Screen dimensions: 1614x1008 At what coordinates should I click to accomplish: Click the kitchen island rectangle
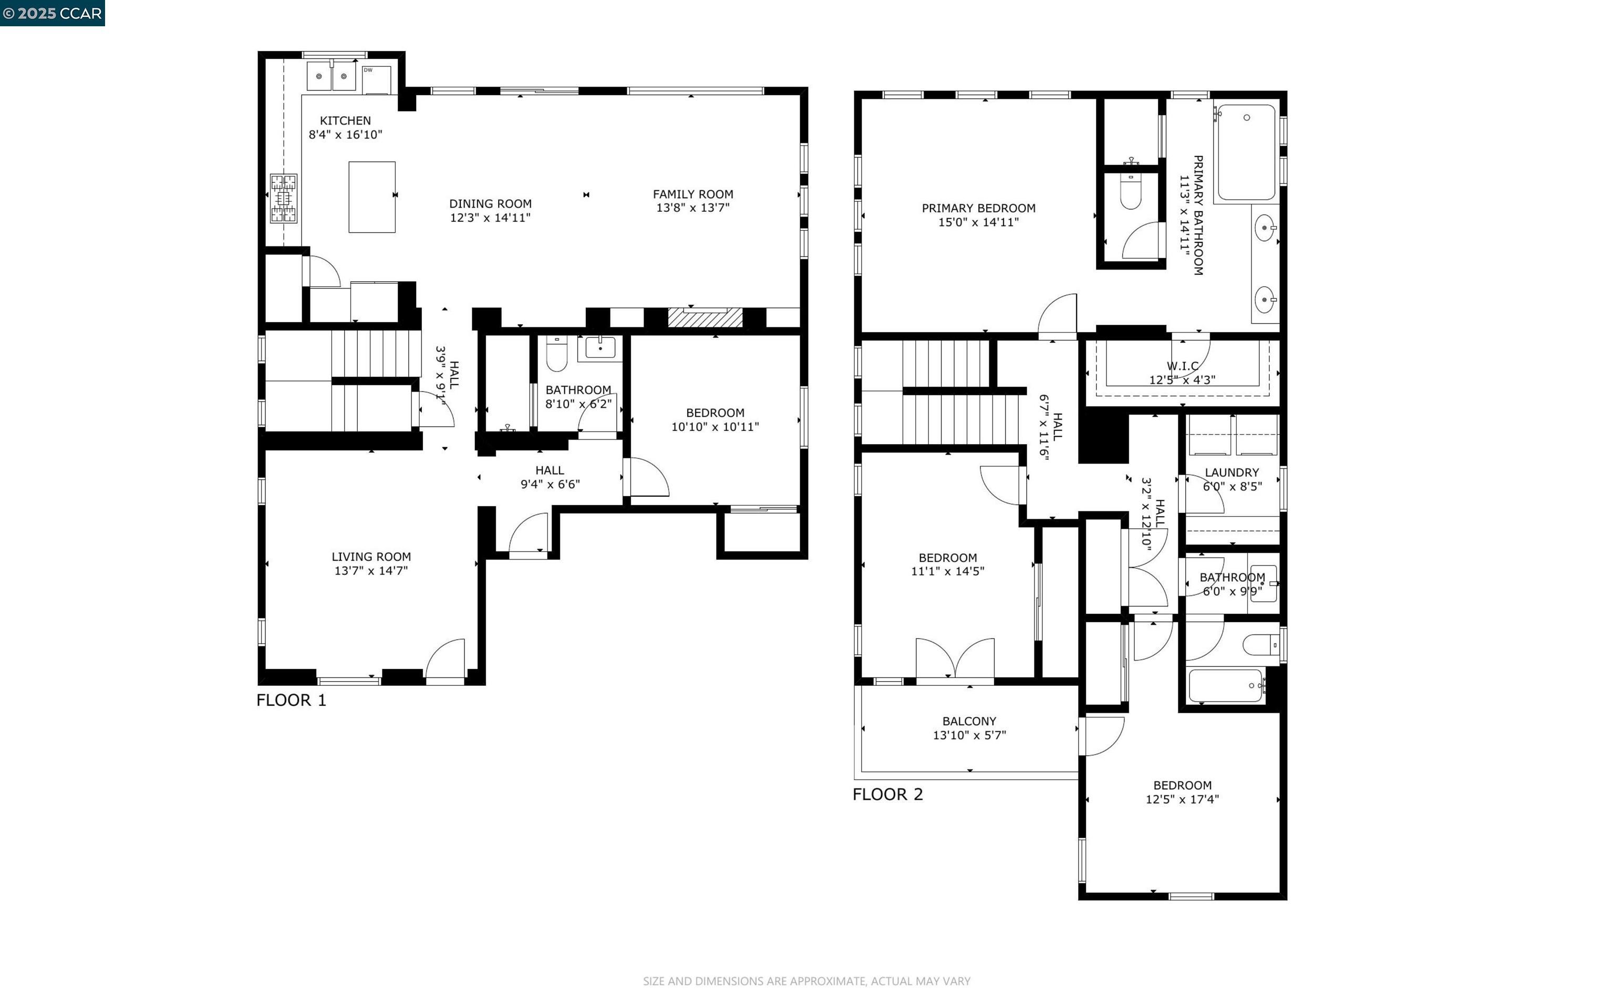coord(372,197)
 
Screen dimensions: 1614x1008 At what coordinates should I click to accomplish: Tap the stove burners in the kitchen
coord(283,198)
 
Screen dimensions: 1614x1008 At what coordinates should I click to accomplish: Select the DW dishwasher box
coord(377,79)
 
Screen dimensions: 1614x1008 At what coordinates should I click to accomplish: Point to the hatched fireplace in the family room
coord(705,317)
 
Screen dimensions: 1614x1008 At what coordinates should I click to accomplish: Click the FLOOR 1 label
coord(291,700)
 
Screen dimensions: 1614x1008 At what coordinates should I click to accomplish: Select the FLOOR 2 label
coord(887,794)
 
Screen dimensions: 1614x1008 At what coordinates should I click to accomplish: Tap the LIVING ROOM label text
coord(371,557)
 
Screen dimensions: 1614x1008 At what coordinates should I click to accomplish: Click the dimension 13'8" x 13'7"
coord(693,208)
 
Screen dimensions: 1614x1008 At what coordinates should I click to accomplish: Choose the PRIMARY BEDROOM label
coord(978,208)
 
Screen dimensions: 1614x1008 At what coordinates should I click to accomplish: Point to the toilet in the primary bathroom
coord(1131,191)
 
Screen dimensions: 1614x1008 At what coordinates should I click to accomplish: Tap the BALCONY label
coord(969,722)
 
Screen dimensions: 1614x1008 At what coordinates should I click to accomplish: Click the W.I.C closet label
coord(1183,366)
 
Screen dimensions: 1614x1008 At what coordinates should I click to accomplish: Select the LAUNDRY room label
coord(1232,472)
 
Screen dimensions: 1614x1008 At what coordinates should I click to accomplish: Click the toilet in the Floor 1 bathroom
coord(556,353)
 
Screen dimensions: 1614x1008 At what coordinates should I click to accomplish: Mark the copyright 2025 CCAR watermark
coord(53,13)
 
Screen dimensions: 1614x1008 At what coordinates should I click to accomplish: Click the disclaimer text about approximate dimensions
coord(806,981)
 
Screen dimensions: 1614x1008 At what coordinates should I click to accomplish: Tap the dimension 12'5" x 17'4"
coord(1182,799)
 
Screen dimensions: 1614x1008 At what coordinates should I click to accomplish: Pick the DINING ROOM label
coord(491,204)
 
